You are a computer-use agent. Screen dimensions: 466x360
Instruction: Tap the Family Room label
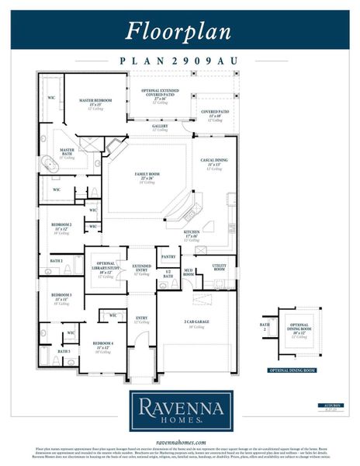[147, 176]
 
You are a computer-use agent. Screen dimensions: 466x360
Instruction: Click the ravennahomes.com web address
[179, 441]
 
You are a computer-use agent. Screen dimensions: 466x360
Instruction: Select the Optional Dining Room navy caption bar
[289, 371]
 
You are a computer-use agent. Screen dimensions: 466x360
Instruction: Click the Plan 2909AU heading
[179, 60]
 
